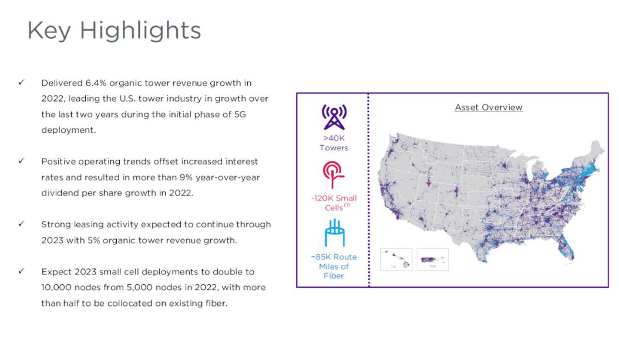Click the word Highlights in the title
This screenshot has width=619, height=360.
pyautogui.click(x=140, y=31)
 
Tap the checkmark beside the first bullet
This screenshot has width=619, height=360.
pyautogui.click(x=21, y=83)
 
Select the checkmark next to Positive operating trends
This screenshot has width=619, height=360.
pyautogui.click(x=21, y=161)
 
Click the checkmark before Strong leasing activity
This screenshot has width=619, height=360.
pyautogui.click(x=21, y=224)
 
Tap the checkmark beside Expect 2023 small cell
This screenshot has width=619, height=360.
pyautogui.click(x=21, y=271)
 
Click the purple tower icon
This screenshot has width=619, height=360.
pyautogui.click(x=334, y=117)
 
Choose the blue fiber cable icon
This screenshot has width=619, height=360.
pyautogui.click(x=334, y=233)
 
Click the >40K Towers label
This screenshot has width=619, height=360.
pyautogui.click(x=334, y=143)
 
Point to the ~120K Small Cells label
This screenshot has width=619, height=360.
pyautogui.click(x=334, y=203)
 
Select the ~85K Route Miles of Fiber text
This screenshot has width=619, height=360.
pyautogui.click(x=334, y=266)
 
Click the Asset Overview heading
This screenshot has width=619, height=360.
pyautogui.click(x=488, y=107)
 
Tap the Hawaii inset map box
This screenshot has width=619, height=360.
pyautogui.click(x=396, y=259)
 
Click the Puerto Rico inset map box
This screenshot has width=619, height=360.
pyautogui.click(x=432, y=259)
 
